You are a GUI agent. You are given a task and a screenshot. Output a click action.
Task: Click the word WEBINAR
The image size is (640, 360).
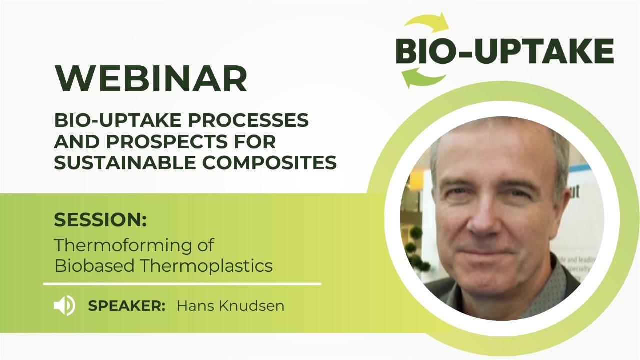pyautogui.click(x=151, y=79)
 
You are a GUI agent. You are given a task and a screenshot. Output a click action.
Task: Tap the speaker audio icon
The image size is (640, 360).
pyautogui.click(x=64, y=306)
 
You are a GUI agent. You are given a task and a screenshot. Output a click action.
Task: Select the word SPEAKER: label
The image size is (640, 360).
pyautogui.click(x=127, y=306)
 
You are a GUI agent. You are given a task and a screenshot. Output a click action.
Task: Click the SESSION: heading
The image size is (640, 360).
pyautogui.click(x=100, y=220)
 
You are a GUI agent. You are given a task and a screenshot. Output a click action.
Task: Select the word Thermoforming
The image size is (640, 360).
pyautogui.click(x=134, y=245)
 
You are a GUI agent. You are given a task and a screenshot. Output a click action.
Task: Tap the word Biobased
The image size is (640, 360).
pyautogui.click(x=94, y=266)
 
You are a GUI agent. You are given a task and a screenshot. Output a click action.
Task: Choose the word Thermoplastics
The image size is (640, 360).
pyautogui.click(x=206, y=266)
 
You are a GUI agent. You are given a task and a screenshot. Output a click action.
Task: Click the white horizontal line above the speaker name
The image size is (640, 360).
pyautogui.click(x=182, y=284)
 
